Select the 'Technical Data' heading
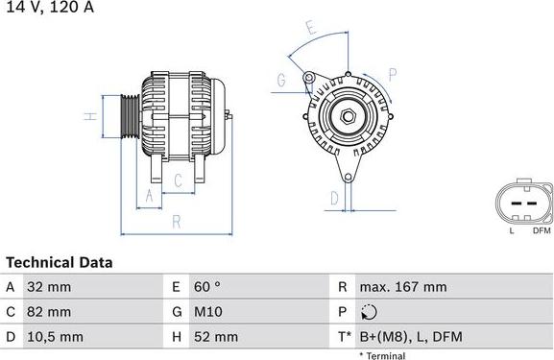(x=60, y=262)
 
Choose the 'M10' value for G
(x=209, y=312)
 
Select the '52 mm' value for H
(x=218, y=337)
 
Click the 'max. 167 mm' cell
(x=402, y=287)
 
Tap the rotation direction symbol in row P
(x=371, y=312)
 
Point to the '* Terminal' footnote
(x=382, y=355)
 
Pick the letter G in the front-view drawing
(x=281, y=81)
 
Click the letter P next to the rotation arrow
(x=393, y=73)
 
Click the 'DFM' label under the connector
(x=540, y=230)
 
